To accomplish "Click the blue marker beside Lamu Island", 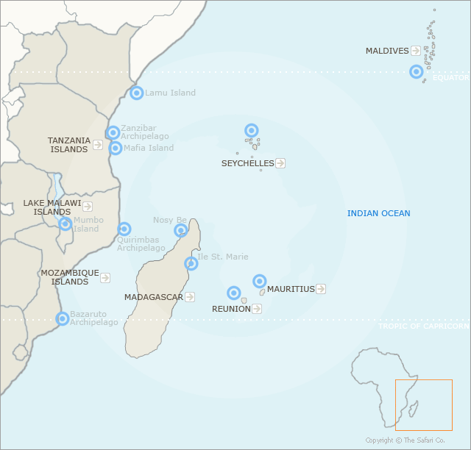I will [137, 93].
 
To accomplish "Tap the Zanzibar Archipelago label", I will [144, 132].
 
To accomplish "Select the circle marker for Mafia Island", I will [116, 148].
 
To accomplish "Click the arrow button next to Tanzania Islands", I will [98, 145].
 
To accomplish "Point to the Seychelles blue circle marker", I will [252, 130].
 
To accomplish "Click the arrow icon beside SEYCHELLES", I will [280, 163].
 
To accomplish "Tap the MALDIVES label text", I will [387, 51].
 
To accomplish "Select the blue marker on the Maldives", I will [417, 71].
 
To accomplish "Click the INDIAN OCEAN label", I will [378, 213].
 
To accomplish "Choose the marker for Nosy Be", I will [181, 231].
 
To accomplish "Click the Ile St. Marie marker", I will [191, 263].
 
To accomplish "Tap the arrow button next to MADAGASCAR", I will [190, 297].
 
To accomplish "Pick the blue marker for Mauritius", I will [260, 281].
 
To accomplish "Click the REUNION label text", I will [231, 309].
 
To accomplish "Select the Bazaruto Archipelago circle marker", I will [63, 318].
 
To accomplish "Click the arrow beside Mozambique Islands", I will [105, 278].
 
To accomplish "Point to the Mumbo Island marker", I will [65, 224].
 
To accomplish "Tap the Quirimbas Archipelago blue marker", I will [124, 229].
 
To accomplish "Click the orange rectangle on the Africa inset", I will [423, 404].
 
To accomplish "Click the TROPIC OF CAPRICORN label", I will [423, 326].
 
